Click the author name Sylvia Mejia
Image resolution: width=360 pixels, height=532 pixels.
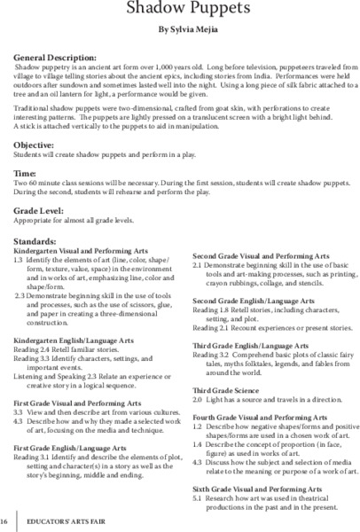coord(186,30)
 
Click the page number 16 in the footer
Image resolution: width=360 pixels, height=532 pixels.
coord(6,521)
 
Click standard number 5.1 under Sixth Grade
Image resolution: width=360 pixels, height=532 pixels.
coord(198,499)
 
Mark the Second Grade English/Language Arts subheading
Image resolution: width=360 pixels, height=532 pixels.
coord(254,302)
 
